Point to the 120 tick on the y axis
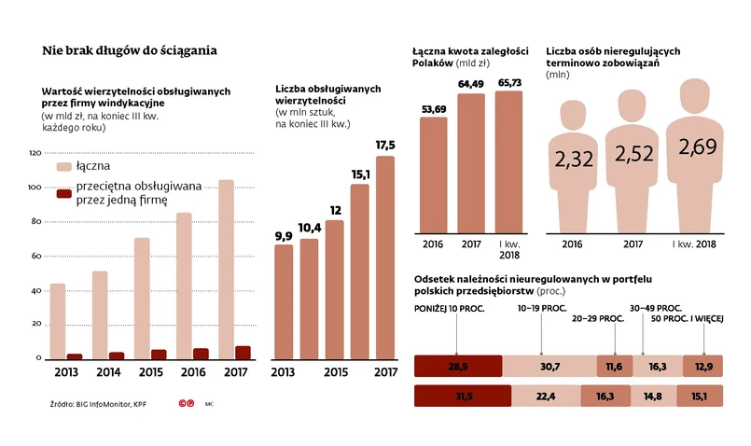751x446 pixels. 35,152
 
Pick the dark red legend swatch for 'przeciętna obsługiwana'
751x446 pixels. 64,193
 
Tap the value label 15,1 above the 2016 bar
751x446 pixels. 360,173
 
